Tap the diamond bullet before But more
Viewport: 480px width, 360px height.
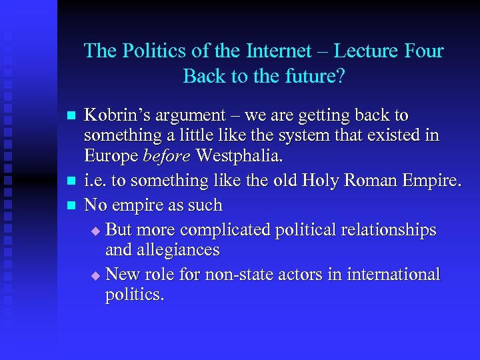(95, 231)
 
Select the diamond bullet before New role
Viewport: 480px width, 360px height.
(95, 275)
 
